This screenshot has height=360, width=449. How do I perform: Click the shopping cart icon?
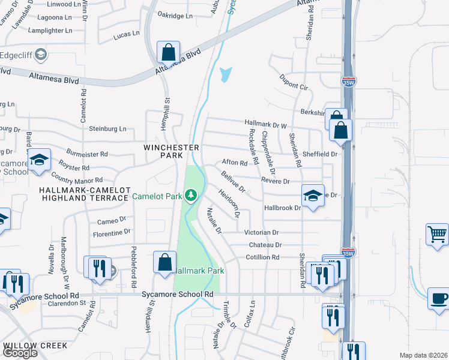pos(438,235)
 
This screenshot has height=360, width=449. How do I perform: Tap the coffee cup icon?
pos(439,298)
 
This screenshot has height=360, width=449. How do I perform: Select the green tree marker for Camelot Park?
pos(191,194)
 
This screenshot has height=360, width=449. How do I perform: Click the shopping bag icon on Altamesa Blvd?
pos(168,52)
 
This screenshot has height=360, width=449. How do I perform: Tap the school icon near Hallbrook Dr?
pos(313,196)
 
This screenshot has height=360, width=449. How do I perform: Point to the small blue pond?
pos(225,75)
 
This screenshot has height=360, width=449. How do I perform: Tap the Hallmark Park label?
pos(199,271)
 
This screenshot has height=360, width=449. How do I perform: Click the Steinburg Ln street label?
pos(108,128)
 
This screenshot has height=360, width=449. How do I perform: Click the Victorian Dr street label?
pos(261,232)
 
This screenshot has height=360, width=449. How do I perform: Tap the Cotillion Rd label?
pos(262,257)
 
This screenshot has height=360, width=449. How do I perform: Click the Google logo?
pos(20,352)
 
